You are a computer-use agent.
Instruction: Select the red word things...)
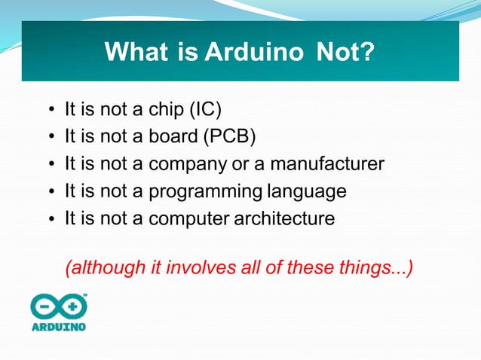(381, 267)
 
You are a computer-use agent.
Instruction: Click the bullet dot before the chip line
(51, 111)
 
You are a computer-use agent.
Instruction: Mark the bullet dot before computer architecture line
(51, 220)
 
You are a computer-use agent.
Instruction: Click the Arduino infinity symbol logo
(59, 307)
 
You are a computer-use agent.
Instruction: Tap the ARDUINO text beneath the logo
(59, 327)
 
